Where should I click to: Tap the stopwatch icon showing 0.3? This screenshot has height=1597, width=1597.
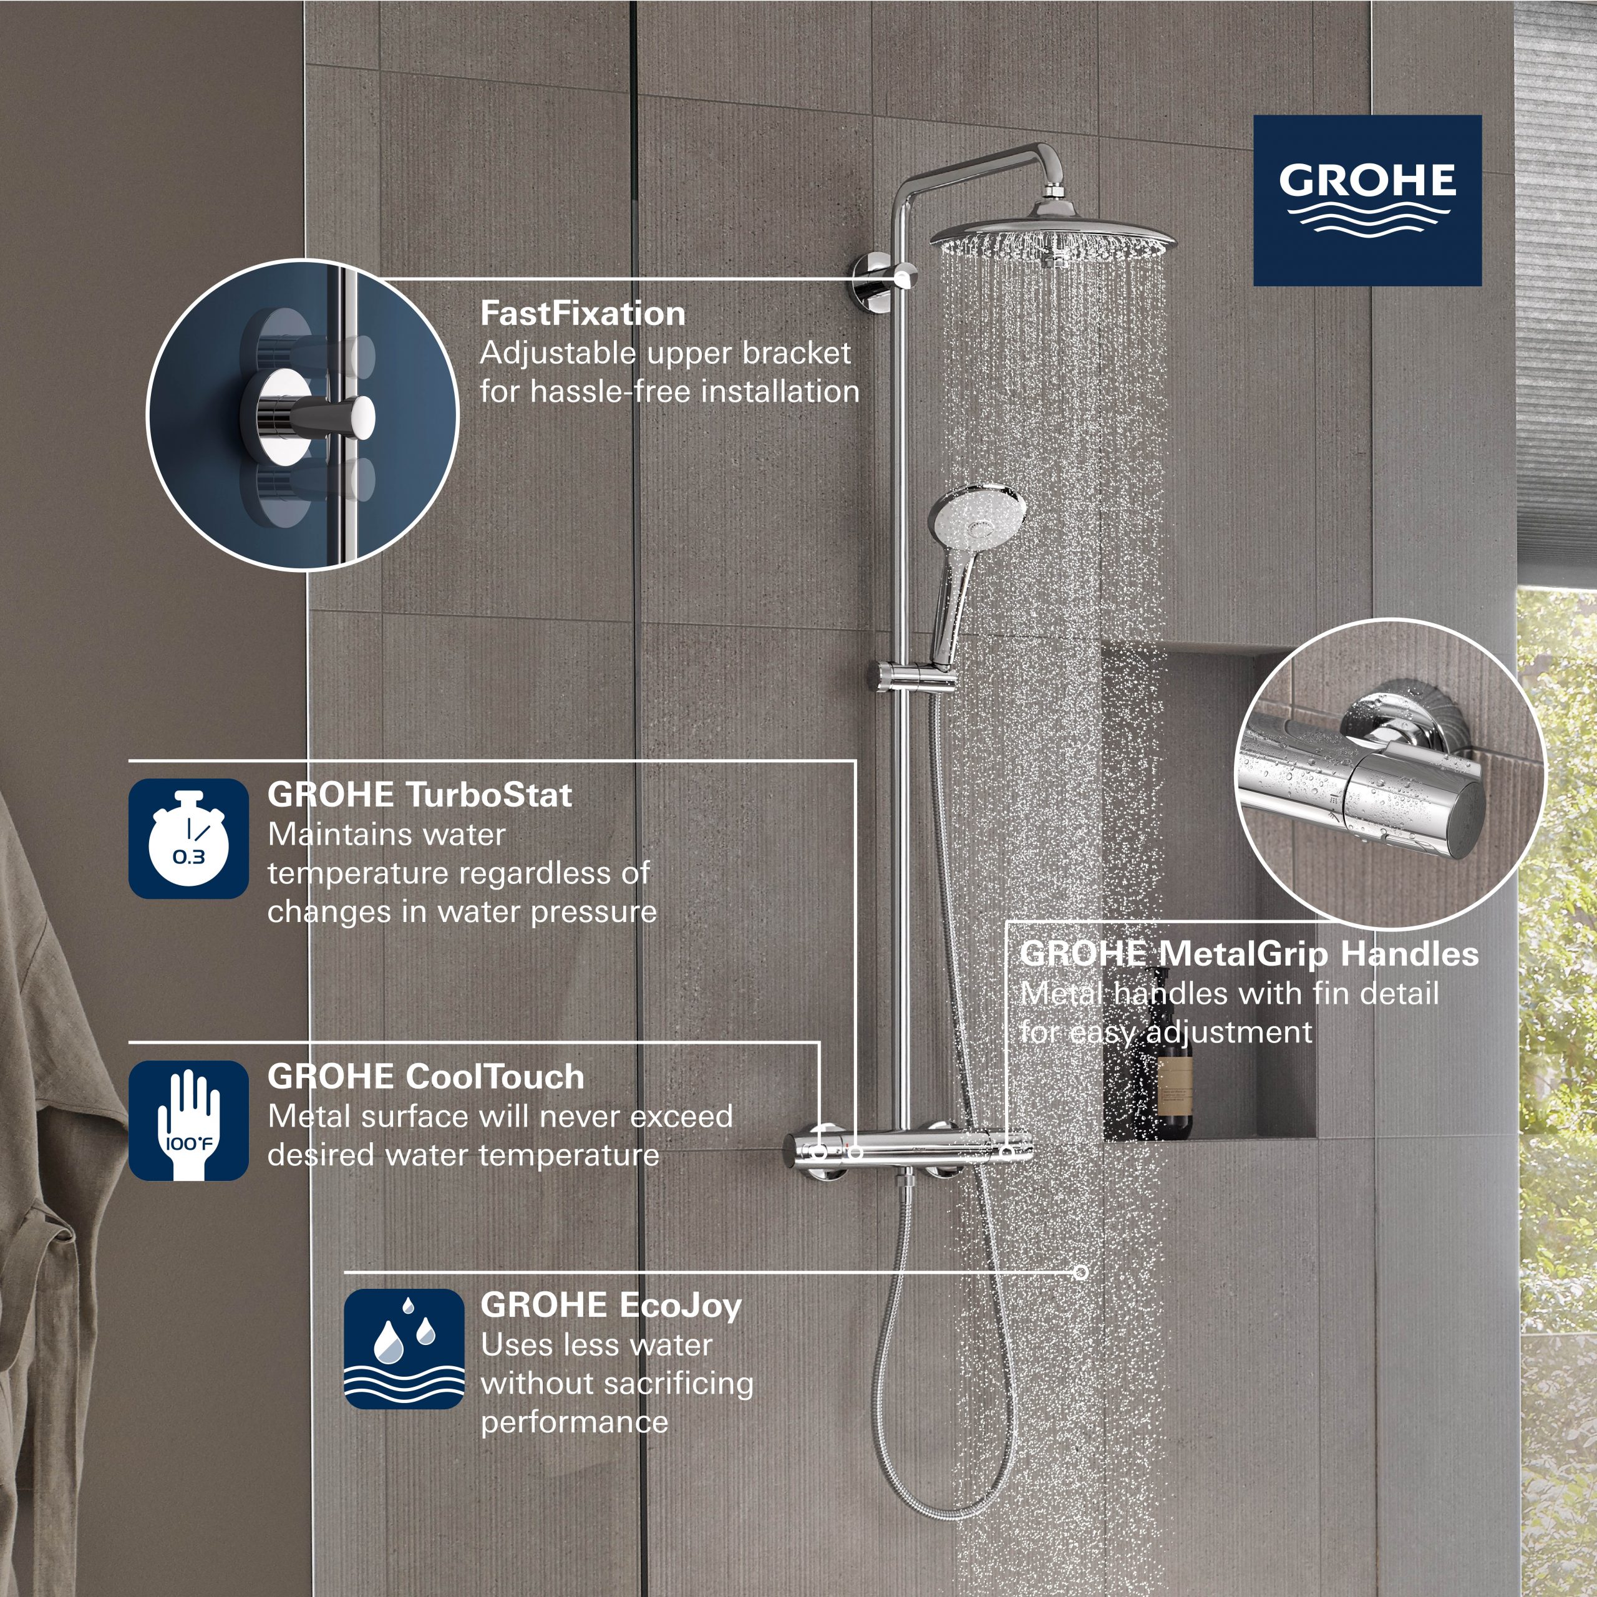click(x=188, y=838)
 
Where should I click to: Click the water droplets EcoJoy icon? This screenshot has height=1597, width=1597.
click(x=404, y=1348)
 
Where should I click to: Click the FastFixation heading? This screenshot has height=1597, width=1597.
click(x=583, y=313)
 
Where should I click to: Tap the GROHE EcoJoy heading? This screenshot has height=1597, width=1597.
click(x=611, y=1305)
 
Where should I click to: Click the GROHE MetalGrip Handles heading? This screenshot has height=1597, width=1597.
click(x=1249, y=953)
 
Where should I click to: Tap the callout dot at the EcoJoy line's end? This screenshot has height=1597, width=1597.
click(x=1080, y=1271)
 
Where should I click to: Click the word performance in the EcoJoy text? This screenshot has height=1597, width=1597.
click(x=575, y=1422)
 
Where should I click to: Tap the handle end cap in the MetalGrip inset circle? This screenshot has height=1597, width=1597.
click(x=1480, y=814)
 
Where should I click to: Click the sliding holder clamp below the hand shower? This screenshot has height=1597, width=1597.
click(x=913, y=676)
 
